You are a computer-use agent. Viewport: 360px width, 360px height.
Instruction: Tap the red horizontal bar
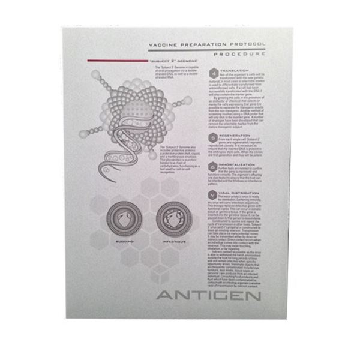point(117,61)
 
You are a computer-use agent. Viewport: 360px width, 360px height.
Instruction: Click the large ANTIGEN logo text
point(208,296)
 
